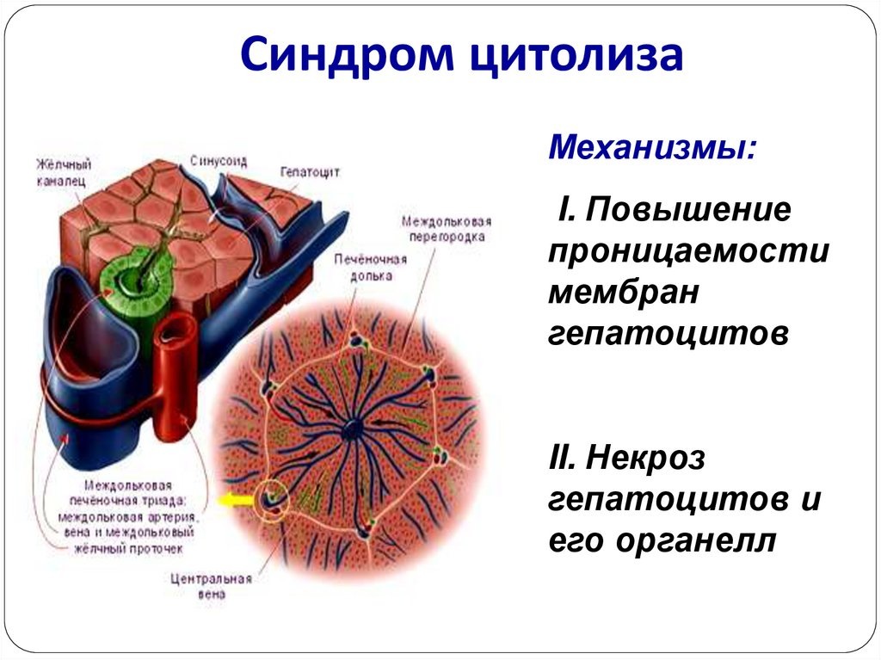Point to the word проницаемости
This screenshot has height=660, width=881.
click(688, 251)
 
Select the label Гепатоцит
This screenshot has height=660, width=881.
click(309, 171)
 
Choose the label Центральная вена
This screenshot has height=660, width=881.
click(209, 585)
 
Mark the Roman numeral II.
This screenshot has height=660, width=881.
click(564, 459)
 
